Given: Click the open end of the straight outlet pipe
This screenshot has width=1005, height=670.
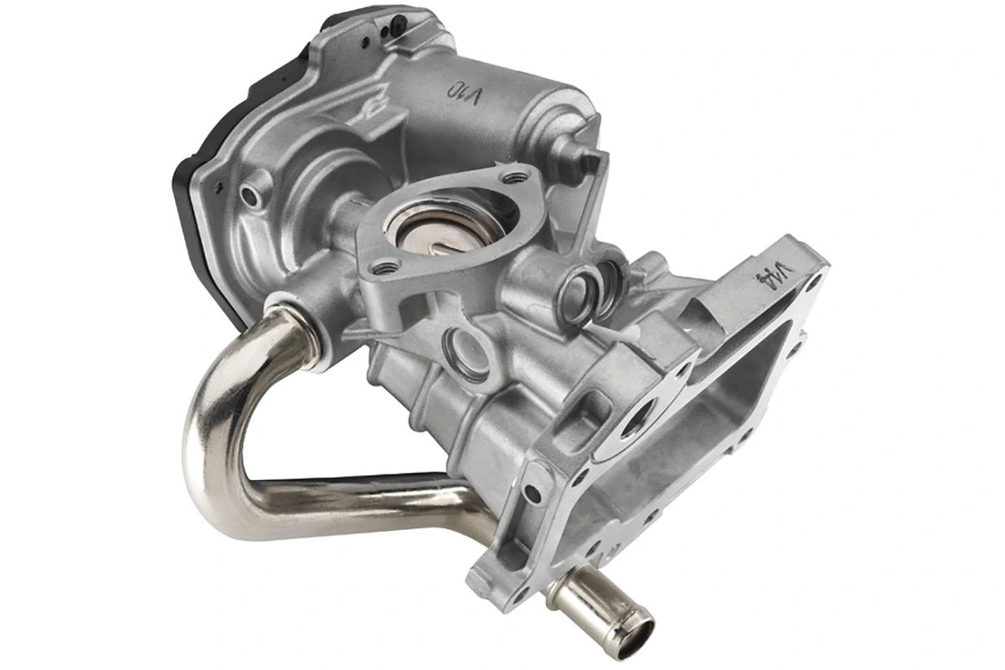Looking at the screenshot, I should (635, 629).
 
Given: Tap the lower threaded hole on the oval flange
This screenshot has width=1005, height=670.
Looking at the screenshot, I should (384, 269).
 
